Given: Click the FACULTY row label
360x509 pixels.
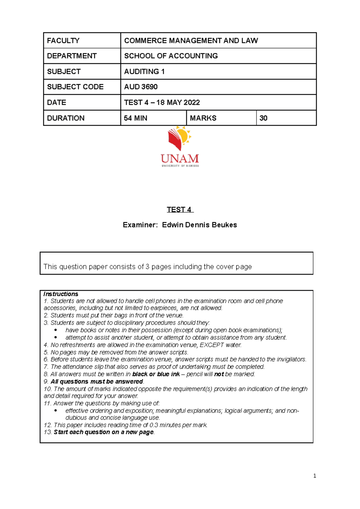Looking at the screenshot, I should (x=63, y=40).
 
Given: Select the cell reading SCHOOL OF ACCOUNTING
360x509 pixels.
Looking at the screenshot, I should (x=171, y=56).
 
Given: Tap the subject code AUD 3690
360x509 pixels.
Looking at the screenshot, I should (x=141, y=87).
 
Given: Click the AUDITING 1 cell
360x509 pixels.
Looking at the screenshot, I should (x=144, y=71).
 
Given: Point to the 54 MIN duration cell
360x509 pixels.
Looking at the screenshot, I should (x=136, y=118).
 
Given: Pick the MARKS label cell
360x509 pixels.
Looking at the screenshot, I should (x=203, y=118).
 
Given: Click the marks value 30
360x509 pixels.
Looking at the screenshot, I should (x=263, y=118).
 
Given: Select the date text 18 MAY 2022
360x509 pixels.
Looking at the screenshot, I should (x=178, y=102).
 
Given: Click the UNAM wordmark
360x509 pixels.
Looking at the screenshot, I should (x=180, y=159).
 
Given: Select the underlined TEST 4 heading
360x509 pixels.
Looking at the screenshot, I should (x=179, y=210).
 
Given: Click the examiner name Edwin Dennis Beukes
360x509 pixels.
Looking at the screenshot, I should (x=199, y=225).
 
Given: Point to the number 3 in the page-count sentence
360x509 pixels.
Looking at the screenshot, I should (x=147, y=266).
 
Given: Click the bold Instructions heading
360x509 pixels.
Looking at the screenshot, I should (x=61, y=294).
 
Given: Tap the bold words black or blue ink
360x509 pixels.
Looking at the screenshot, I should (x=156, y=374).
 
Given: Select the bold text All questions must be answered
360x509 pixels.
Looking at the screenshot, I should (x=97, y=381).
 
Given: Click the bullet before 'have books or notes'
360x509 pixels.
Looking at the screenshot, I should (x=56, y=330).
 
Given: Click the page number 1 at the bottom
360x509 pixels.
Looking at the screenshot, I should (x=314, y=476).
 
